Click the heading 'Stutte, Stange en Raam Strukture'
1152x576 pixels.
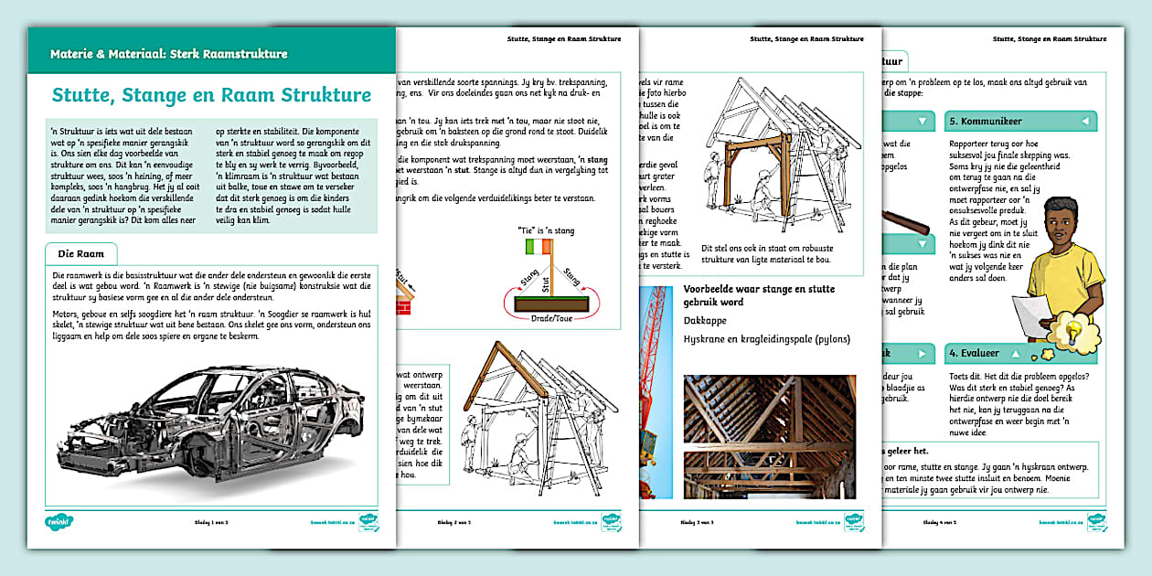click(x=211, y=95)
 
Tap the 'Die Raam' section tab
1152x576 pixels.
click(x=80, y=252)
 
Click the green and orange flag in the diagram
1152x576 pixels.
click(x=539, y=246)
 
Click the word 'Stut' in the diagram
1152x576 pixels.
click(x=546, y=283)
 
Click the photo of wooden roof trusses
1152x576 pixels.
click(x=770, y=436)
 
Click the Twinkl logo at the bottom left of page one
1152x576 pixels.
click(x=59, y=523)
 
